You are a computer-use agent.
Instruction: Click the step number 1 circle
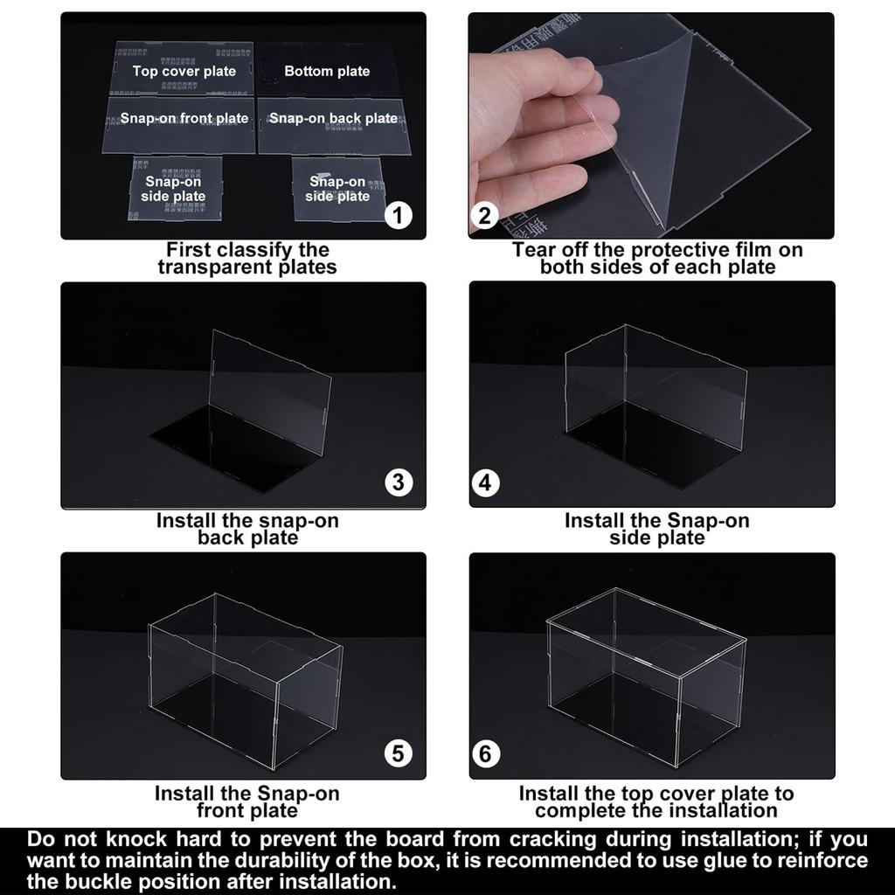point(399,215)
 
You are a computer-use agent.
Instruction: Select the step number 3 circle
point(399,482)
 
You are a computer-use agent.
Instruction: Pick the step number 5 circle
point(399,753)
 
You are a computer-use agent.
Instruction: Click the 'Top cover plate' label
point(184,71)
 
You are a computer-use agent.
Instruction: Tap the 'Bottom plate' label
point(327,71)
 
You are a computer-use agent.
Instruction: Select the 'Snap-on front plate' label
point(184,118)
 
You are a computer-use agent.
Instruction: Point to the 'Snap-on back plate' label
point(333,118)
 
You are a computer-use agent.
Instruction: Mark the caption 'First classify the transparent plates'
point(247,259)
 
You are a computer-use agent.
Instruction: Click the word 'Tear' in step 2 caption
point(534,250)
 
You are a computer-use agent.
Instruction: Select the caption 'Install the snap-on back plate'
point(247,529)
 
